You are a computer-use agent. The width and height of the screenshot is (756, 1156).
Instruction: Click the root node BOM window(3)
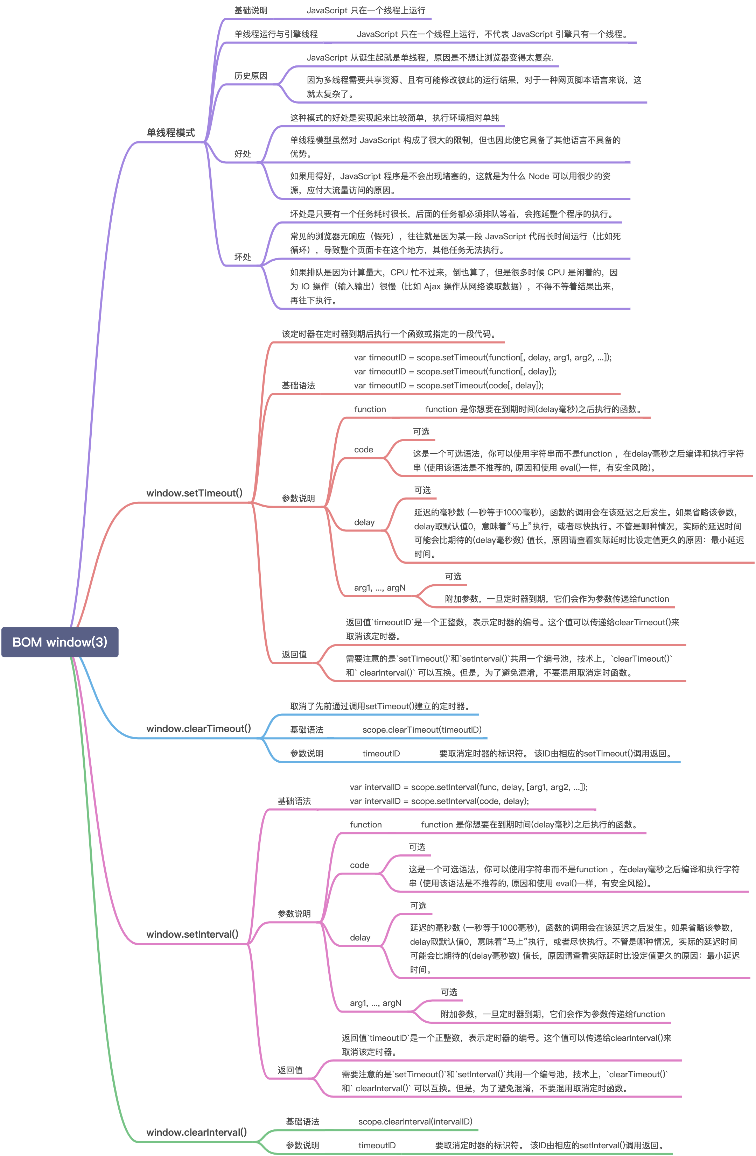click(x=60, y=642)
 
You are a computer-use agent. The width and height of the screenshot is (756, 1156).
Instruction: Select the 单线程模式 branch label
click(x=170, y=133)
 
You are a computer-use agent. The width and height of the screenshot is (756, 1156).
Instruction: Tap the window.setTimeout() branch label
click(x=194, y=493)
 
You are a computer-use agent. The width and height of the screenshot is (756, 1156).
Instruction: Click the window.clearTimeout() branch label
click(x=199, y=728)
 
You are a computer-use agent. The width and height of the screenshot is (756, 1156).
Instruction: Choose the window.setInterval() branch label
click(x=192, y=934)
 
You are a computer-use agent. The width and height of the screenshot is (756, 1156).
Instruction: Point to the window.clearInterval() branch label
click(x=197, y=1132)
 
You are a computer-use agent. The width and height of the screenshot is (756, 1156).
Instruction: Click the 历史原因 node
click(x=251, y=76)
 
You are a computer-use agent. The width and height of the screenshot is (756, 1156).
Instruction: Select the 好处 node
click(x=243, y=154)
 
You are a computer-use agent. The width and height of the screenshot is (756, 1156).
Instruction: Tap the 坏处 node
click(x=243, y=256)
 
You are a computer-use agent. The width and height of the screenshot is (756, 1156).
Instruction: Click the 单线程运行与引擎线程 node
click(x=276, y=34)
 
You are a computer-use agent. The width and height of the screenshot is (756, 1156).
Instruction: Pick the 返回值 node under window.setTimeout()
click(x=294, y=654)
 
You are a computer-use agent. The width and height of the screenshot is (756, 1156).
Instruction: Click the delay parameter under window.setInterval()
click(x=360, y=937)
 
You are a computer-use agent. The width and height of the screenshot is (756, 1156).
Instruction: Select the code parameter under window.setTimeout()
click(x=363, y=450)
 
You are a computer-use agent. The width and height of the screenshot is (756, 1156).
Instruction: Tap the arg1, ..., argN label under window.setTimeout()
click(x=379, y=588)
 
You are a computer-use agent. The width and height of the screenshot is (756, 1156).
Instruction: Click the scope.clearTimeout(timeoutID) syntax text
click(x=422, y=729)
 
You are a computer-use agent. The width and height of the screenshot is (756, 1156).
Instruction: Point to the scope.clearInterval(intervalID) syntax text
click(x=415, y=1121)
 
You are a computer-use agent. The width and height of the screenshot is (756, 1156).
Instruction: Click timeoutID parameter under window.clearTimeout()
click(x=381, y=753)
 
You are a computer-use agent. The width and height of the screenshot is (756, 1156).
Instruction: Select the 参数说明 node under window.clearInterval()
click(x=302, y=1145)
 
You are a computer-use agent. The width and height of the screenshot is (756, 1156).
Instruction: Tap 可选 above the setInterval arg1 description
click(x=449, y=992)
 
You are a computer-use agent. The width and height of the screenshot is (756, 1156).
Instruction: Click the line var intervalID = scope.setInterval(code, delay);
click(x=439, y=801)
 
